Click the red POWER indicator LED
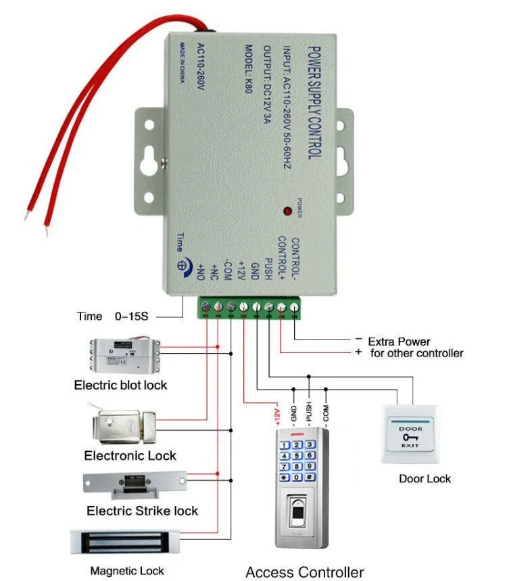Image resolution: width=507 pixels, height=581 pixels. pos(287,212)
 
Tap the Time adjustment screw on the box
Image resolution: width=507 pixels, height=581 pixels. pos(181,266)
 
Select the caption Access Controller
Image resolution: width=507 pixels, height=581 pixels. pos(304,572)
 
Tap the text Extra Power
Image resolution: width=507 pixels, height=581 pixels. pos(399,342)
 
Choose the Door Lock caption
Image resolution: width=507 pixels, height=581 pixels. pos(425,479)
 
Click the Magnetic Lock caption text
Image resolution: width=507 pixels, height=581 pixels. pos(127,571)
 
